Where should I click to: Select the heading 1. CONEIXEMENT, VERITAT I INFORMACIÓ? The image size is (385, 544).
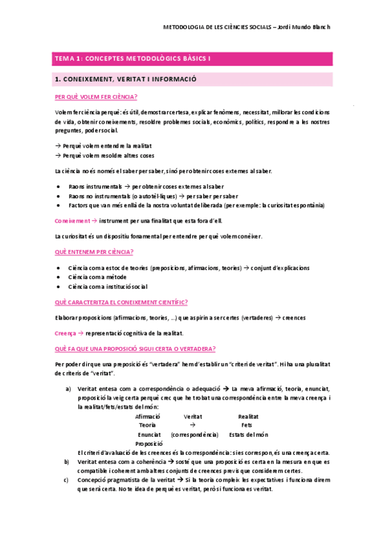click(126, 80)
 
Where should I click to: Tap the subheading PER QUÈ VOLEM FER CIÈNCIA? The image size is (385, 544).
click(96, 98)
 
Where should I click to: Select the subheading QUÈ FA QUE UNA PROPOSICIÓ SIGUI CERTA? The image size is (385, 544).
click(135, 348)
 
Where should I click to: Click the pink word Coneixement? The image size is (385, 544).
click(72, 220)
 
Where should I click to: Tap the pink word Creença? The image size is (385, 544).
click(65, 333)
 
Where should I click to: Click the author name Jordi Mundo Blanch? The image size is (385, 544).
click(306, 28)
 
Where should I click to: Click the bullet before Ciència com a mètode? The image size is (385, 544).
click(59, 277)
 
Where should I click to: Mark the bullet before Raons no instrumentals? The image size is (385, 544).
click(59, 196)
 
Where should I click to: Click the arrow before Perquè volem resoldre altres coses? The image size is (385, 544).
click(58, 155)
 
